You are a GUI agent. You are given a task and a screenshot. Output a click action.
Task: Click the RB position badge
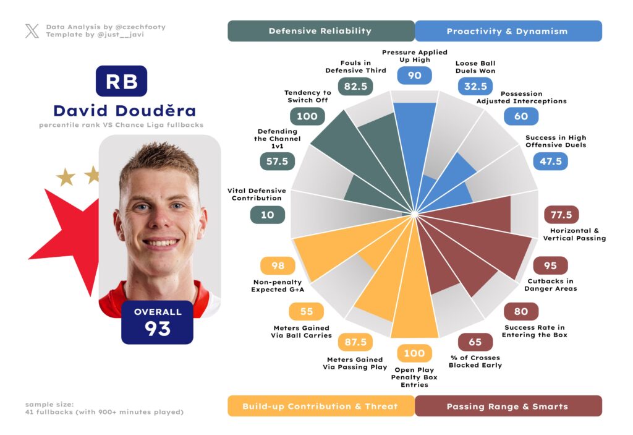(x=121, y=81)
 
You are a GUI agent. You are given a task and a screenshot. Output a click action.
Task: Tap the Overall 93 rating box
(x=158, y=322)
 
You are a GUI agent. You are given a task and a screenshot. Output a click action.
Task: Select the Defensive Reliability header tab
(x=320, y=31)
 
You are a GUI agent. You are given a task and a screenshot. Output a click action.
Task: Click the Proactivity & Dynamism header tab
(x=507, y=31)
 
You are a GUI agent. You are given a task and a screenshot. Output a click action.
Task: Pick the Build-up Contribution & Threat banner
(x=320, y=406)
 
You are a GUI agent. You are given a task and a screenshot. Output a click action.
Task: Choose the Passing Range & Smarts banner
(x=507, y=406)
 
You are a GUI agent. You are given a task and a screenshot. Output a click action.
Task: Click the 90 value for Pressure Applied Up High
(x=414, y=75)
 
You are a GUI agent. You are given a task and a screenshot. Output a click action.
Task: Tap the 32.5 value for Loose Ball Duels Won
(x=475, y=87)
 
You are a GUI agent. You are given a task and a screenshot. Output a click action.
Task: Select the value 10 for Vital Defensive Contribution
(x=267, y=215)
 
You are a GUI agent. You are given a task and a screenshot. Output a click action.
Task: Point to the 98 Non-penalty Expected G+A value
(x=278, y=265)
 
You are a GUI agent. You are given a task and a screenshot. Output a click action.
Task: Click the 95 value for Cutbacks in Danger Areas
(x=550, y=265)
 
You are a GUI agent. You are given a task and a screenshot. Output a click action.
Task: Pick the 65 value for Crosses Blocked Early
(x=475, y=342)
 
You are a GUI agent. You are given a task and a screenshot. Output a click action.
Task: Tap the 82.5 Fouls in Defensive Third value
(x=355, y=87)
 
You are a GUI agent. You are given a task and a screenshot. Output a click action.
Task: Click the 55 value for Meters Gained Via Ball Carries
(x=307, y=311)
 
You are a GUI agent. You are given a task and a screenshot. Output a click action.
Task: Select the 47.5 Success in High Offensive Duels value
(x=550, y=162)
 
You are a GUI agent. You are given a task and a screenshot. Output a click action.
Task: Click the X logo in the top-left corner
(x=32, y=31)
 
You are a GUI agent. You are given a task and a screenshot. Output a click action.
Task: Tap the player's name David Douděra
(x=124, y=111)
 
